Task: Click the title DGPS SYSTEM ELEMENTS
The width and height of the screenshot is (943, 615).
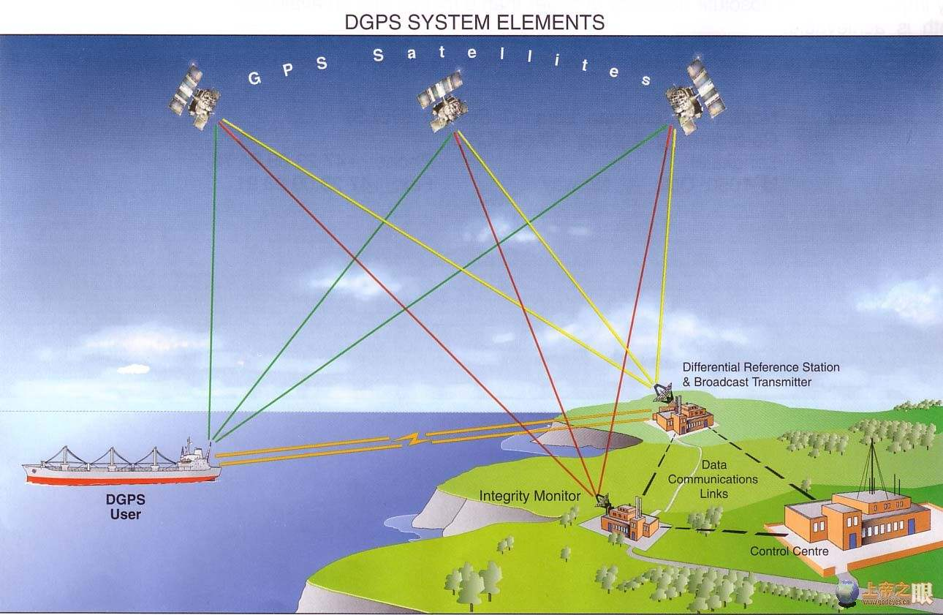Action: click(474, 23)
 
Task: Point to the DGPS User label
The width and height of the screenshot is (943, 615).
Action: click(126, 507)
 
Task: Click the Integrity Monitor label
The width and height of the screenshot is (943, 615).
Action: click(529, 497)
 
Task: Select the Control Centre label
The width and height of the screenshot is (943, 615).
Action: click(789, 551)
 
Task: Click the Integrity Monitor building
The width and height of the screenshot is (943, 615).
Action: click(629, 521)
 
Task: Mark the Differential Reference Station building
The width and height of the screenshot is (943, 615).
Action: click(683, 419)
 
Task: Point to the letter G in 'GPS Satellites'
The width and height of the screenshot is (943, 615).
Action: click(254, 78)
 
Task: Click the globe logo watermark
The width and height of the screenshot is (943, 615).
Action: click(847, 591)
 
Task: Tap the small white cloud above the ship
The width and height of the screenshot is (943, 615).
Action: click(133, 369)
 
